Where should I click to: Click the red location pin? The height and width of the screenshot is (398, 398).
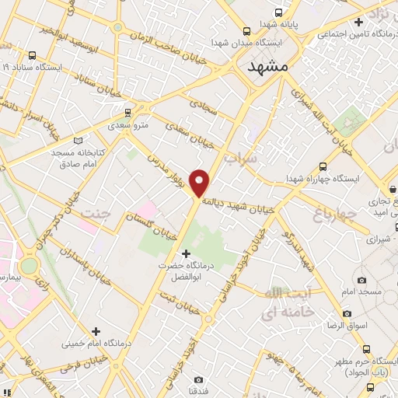click(200, 183)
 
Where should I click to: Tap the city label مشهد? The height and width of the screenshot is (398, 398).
click(268, 68)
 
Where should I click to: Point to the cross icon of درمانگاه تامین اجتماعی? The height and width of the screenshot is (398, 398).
click(358, 23)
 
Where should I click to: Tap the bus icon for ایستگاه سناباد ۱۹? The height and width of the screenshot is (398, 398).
click(32, 55)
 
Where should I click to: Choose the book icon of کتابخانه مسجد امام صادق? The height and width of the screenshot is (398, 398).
click(77, 141)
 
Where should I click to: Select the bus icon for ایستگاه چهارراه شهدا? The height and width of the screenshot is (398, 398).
click(323, 166)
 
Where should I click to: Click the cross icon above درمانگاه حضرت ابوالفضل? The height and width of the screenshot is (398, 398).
click(185, 253)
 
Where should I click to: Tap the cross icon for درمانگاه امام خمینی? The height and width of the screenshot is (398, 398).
click(96, 331)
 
